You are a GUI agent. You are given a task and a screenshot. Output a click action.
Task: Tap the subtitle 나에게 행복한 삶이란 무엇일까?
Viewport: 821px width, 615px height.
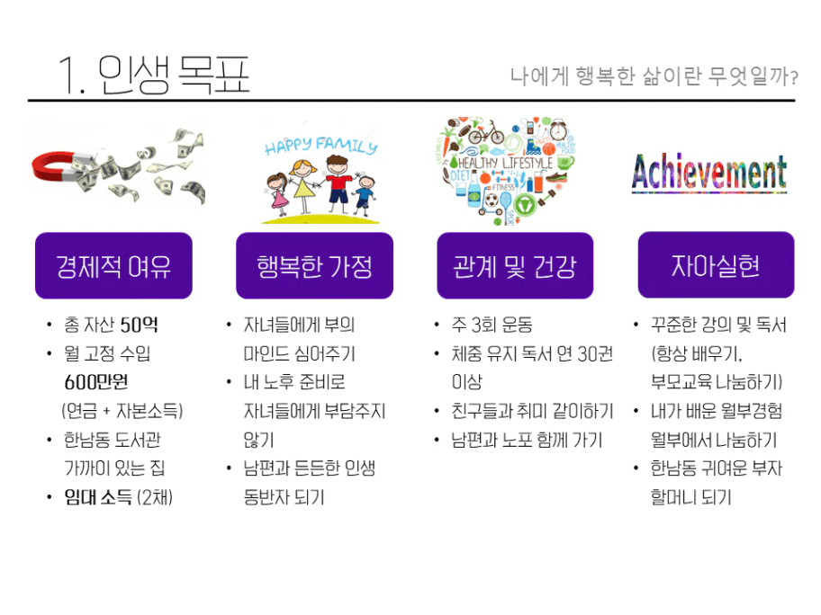tap(654, 76)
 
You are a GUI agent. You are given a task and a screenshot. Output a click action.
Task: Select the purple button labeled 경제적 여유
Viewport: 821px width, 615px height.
tap(113, 265)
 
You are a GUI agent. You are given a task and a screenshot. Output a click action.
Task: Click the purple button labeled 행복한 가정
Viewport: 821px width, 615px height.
tap(314, 265)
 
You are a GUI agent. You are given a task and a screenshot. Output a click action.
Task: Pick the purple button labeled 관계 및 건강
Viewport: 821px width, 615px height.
tap(515, 265)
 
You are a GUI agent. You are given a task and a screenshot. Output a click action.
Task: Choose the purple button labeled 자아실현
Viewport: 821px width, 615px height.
tap(716, 265)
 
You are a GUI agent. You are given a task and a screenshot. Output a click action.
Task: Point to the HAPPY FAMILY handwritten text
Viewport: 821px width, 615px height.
tap(320, 146)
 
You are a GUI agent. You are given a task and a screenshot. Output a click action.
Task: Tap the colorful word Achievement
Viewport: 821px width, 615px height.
tap(709, 172)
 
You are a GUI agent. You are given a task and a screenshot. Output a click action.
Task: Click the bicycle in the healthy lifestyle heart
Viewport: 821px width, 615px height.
tap(486, 133)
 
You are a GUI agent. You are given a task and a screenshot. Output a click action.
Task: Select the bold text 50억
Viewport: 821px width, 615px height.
tap(139, 325)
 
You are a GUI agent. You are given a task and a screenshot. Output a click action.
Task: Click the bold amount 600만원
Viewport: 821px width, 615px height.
tap(95, 382)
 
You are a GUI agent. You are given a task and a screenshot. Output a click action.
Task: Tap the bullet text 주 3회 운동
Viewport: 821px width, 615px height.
tap(492, 325)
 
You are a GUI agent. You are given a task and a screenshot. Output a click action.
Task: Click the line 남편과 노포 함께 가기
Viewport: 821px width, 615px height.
tap(527, 440)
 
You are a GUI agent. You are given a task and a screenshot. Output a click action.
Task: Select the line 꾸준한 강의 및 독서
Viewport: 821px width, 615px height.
tap(718, 325)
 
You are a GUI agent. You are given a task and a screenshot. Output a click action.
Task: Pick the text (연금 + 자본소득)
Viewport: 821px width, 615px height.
tap(122, 411)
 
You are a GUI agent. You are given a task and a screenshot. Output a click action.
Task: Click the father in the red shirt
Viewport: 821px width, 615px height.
tap(338, 184)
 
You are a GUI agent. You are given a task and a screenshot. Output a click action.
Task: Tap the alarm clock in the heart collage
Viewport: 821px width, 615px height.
tap(558, 129)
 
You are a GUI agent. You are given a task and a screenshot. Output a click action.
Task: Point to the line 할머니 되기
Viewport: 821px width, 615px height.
tap(690, 497)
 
